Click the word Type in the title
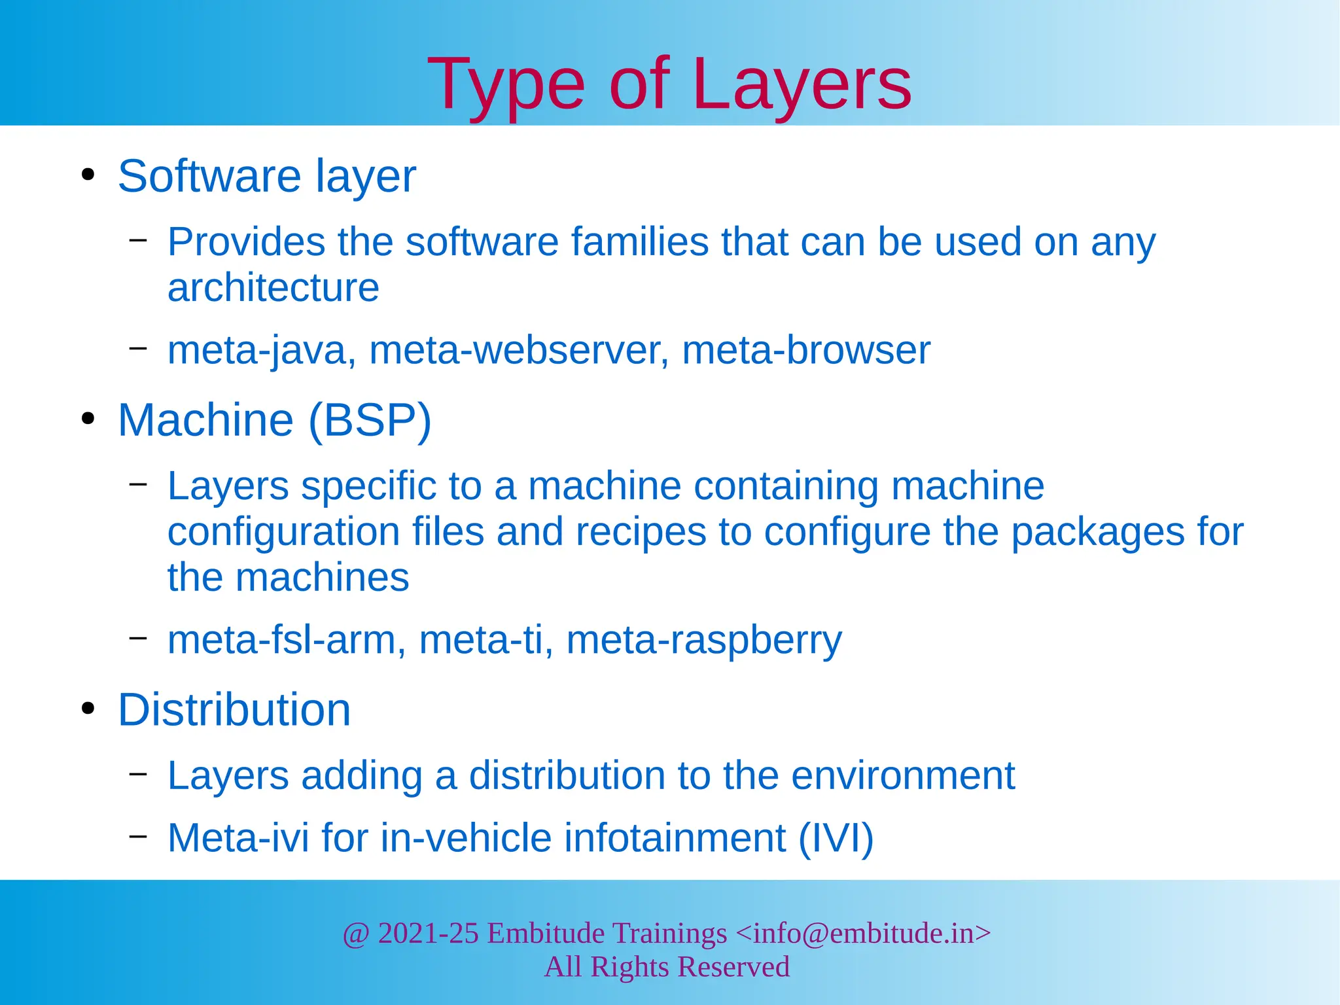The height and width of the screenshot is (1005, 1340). [x=506, y=85]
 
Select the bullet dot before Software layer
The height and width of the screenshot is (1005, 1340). [x=88, y=175]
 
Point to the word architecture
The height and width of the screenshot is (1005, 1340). [x=273, y=288]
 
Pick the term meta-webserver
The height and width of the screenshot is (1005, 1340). [x=520, y=351]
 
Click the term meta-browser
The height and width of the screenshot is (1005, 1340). [x=806, y=351]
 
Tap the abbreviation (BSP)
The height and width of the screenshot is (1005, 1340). [x=370, y=420]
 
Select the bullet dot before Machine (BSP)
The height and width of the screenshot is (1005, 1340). [x=88, y=419]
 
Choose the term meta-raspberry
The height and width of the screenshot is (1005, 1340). [x=704, y=641]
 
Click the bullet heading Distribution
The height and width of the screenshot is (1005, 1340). [x=234, y=710]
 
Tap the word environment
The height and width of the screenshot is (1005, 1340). [x=903, y=776]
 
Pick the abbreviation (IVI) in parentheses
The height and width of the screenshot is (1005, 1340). [x=836, y=838]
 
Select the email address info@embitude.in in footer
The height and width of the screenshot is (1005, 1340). [x=863, y=934]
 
